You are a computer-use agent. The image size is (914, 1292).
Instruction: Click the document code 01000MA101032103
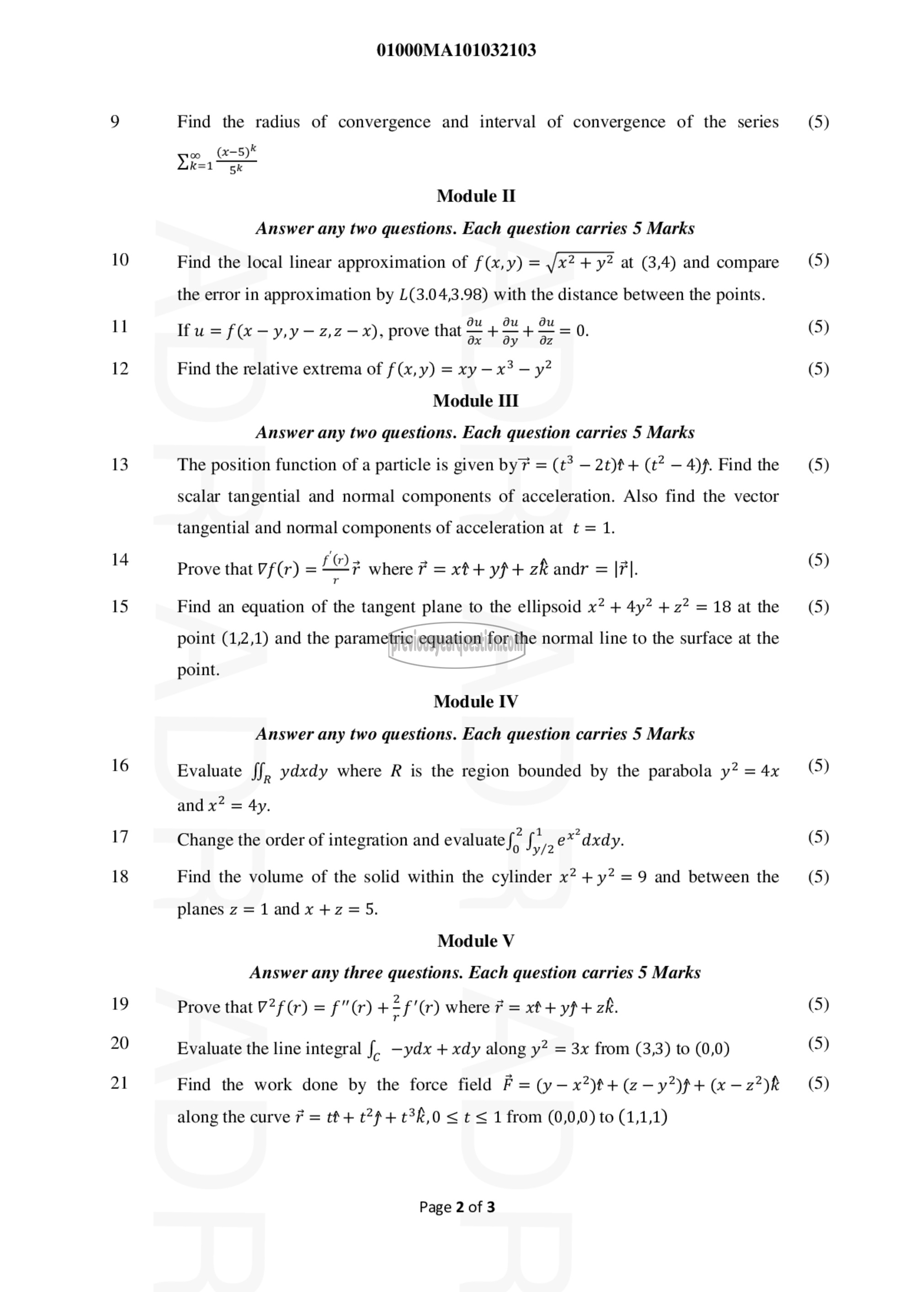pyautogui.click(x=456, y=50)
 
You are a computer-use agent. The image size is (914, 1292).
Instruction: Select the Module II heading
pyautogui.click(x=476, y=196)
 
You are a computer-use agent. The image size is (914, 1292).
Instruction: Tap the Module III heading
pyautogui.click(x=476, y=401)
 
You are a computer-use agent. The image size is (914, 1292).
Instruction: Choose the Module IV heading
pyautogui.click(x=476, y=701)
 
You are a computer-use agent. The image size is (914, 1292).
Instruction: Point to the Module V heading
pyautogui.click(x=476, y=941)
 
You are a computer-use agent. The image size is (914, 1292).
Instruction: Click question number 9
pyautogui.click(x=115, y=122)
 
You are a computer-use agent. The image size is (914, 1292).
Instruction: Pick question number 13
pyautogui.click(x=119, y=464)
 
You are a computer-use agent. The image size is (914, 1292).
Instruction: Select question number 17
pyautogui.click(x=119, y=837)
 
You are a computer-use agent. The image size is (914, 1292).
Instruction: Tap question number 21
pyautogui.click(x=119, y=1083)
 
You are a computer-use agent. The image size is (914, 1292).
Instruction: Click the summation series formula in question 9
pyautogui.click(x=217, y=159)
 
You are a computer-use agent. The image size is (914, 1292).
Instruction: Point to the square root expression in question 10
pyautogui.click(x=579, y=262)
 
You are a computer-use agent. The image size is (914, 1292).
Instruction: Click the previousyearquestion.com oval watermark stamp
pyautogui.click(x=457, y=645)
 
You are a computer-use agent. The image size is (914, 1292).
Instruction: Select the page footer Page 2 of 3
pyautogui.click(x=457, y=1207)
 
